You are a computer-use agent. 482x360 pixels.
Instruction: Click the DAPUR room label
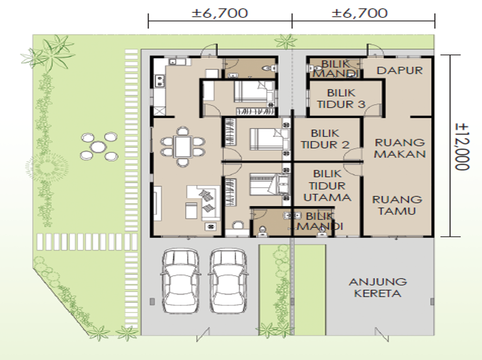pyautogui.click(x=400, y=70)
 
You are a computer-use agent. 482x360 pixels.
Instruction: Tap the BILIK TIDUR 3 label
pyautogui.click(x=341, y=99)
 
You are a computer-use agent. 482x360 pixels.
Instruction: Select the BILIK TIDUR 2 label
pyautogui.click(x=325, y=139)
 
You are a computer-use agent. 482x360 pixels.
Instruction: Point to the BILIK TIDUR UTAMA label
pyautogui.click(x=327, y=185)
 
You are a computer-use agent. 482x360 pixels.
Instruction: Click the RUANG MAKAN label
pyautogui.click(x=400, y=148)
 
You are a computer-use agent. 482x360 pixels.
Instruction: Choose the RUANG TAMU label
pyautogui.click(x=397, y=205)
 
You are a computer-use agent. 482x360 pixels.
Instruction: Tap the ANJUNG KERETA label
pyautogui.click(x=378, y=287)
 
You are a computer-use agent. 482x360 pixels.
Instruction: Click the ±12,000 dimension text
pyautogui.click(x=462, y=147)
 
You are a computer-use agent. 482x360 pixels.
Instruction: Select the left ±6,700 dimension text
pyautogui.click(x=220, y=13)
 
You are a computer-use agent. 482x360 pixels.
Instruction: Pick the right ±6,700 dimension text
pyautogui.click(x=360, y=13)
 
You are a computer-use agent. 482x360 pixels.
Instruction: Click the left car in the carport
pyautogui.click(x=180, y=281)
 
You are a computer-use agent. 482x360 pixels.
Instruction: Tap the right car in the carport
pyautogui.click(x=228, y=281)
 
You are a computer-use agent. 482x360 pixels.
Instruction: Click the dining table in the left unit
pyautogui.click(x=183, y=147)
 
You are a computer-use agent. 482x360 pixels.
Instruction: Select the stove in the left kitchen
pyautogui.click(x=160, y=81)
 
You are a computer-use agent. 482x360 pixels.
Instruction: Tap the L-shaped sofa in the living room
pyautogui.click(x=203, y=203)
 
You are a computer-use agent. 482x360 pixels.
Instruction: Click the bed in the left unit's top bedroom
pyautogui.click(x=254, y=91)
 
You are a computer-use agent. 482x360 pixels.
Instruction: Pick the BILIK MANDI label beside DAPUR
pyautogui.click(x=335, y=68)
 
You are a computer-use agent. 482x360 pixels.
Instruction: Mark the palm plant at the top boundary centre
pyautogui.click(x=286, y=42)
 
